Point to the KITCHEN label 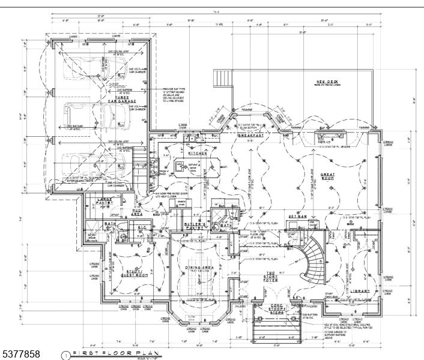point(198,154)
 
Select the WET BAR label point(297,217)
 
